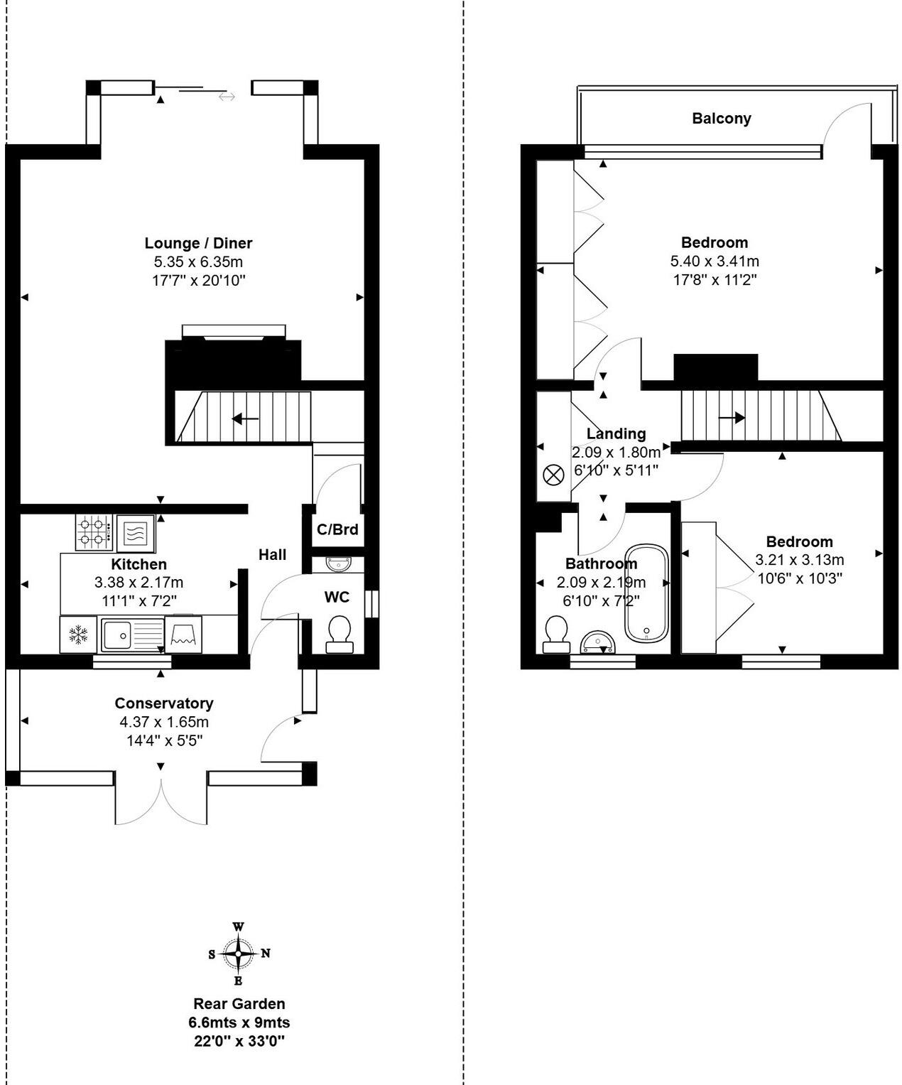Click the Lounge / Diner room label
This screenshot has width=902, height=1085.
(x=198, y=243)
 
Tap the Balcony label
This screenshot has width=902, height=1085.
(x=721, y=119)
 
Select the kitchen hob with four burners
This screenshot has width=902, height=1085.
(x=94, y=532)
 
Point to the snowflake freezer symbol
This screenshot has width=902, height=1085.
(x=78, y=635)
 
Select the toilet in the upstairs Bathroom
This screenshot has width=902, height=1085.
(x=556, y=635)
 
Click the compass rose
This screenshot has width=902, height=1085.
(x=239, y=954)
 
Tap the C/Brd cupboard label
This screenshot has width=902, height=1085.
(x=337, y=529)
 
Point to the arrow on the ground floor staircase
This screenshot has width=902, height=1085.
(x=245, y=419)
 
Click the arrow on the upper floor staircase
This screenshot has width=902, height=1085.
(x=732, y=417)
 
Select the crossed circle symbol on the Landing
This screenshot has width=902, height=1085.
(x=553, y=475)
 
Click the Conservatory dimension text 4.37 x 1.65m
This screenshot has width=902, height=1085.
(x=164, y=722)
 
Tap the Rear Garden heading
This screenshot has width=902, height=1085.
(x=239, y=1004)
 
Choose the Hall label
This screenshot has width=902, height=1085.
(x=272, y=555)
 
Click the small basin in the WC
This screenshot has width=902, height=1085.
(x=339, y=563)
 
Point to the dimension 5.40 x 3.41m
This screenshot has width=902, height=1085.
(x=714, y=261)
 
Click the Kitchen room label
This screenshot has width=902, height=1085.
(x=138, y=563)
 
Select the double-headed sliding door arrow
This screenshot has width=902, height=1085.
(x=227, y=97)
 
